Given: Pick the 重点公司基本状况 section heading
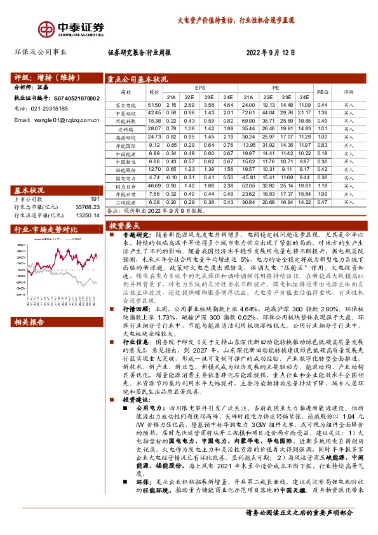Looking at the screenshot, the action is tap(138, 79).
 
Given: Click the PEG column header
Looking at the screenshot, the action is tap(322, 93).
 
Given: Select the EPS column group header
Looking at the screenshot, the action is tap(200, 88).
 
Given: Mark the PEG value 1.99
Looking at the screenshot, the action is tap(322, 193).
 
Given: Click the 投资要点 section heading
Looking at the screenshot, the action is tap(123, 226).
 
